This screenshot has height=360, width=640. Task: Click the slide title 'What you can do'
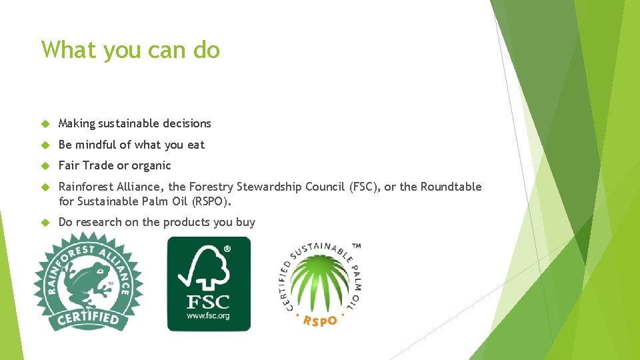130,50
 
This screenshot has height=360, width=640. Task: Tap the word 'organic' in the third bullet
151,165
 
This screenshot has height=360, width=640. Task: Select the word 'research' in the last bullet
97,222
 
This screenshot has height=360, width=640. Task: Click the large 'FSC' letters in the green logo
208,301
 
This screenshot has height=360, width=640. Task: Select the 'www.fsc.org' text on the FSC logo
208,315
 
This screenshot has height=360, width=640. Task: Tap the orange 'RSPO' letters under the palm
321,320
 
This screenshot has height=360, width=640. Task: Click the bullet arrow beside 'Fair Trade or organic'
46,165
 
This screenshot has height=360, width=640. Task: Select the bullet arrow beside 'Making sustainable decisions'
46,123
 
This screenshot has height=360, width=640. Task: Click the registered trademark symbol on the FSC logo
227,248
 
